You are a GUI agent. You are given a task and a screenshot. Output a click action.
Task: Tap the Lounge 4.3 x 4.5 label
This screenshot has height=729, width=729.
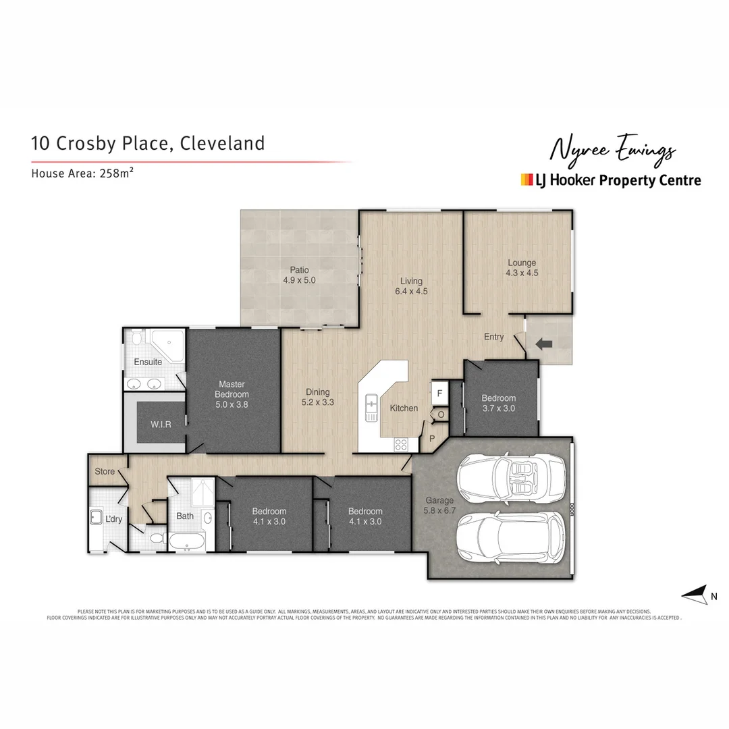click(x=522, y=268)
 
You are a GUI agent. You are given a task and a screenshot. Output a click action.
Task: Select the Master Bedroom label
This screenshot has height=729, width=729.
click(x=232, y=394)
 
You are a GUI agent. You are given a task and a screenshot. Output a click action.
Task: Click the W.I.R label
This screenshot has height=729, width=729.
click(x=161, y=425)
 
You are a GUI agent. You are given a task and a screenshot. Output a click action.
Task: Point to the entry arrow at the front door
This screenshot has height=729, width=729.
click(x=543, y=344)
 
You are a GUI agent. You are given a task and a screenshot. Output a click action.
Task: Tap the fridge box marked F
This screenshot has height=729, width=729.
click(x=439, y=392)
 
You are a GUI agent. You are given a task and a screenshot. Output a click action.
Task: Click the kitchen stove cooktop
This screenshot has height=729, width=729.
click(x=400, y=444)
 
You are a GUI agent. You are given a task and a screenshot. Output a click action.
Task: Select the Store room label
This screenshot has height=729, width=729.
click(x=105, y=471)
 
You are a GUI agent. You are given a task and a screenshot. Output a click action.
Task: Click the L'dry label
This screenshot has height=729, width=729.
click(x=113, y=519)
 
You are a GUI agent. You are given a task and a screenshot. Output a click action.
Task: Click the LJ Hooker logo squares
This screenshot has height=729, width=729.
click(x=526, y=180)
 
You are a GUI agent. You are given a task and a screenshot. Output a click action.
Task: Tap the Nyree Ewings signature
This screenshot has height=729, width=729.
click(x=612, y=150)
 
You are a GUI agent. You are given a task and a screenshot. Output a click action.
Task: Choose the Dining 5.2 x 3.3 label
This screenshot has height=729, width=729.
click(x=318, y=397)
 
